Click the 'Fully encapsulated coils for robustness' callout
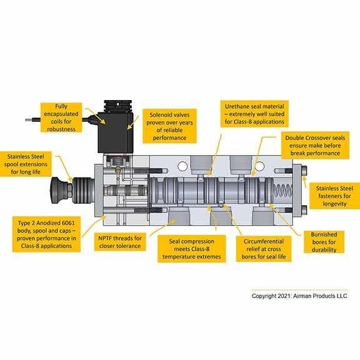pos(61,117)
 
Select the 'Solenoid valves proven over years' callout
pos(169,126)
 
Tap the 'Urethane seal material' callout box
pos(254,114)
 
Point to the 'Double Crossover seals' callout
pos(315,146)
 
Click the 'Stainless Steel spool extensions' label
pos(26,164)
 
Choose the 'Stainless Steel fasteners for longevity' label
pos(334,196)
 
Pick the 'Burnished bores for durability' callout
pos(324,242)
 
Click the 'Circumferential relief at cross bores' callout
pos(264,249)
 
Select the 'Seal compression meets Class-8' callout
pos(191,249)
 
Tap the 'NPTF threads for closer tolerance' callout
pos(120,242)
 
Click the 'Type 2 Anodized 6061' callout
pos(46,234)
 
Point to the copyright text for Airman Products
pos(299,296)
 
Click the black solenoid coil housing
pos(116,132)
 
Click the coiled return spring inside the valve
pos(282,191)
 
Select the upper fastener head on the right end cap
pos(304,171)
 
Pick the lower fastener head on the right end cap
pos(304,210)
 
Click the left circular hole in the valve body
pos(182,166)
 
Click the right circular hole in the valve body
pos(259,166)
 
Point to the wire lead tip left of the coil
pos(26,119)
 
